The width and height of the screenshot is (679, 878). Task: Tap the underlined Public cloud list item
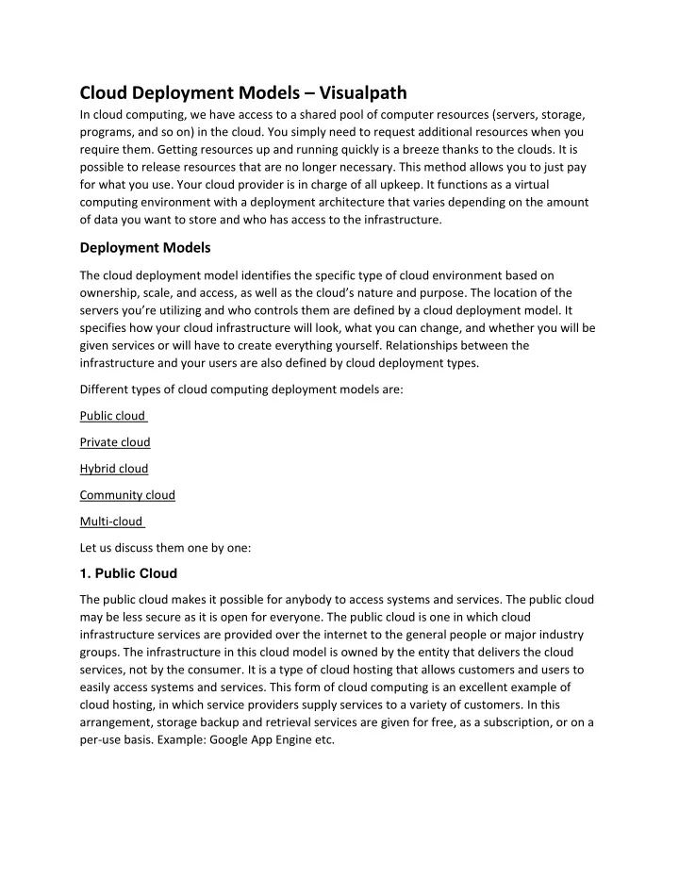[x=113, y=416]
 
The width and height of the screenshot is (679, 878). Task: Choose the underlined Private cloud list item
[x=115, y=442]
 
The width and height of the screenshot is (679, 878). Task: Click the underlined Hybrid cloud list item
[x=114, y=469]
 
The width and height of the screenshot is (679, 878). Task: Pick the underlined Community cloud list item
[x=127, y=495]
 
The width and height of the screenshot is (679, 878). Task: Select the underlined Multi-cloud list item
[x=111, y=522]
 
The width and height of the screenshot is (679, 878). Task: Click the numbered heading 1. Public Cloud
[x=127, y=573]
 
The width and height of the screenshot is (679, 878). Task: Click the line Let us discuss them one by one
[x=165, y=547]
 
